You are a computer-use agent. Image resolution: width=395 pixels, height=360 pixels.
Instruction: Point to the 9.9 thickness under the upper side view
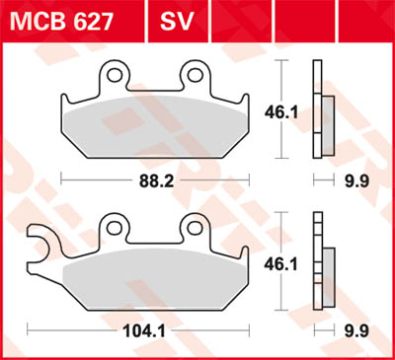coord(354,180)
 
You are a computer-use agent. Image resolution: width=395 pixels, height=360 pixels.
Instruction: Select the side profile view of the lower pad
coord(320,260)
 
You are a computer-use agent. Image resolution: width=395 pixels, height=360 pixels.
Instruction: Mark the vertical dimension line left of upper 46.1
coord(284,83)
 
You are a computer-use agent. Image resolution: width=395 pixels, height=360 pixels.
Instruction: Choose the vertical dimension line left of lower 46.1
coord(284,237)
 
